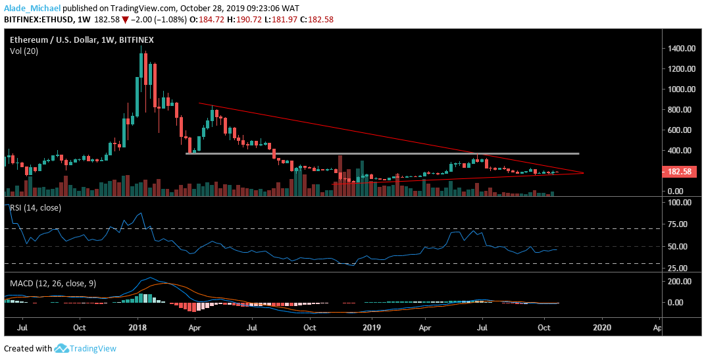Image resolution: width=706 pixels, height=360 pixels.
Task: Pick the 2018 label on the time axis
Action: pyautogui.click(x=137, y=326)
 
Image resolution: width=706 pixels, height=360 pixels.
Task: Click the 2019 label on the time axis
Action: pyautogui.click(x=372, y=326)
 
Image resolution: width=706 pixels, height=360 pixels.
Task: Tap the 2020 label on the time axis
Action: pyautogui.click(x=601, y=326)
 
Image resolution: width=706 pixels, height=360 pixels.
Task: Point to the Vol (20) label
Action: pyautogui.click(x=24, y=51)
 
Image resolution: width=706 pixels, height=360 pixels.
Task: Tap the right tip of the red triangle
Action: pyautogui.click(x=583, y=173)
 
